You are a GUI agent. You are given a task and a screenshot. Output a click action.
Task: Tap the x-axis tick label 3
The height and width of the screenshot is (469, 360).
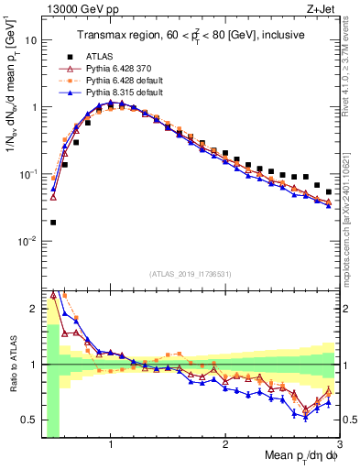(x=339, y=444)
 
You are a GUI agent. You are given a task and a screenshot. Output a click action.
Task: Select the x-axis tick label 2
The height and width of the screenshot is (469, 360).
(x=225, y=444)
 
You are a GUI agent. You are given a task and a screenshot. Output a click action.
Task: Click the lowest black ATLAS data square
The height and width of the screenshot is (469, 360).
(x=53, y=222)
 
